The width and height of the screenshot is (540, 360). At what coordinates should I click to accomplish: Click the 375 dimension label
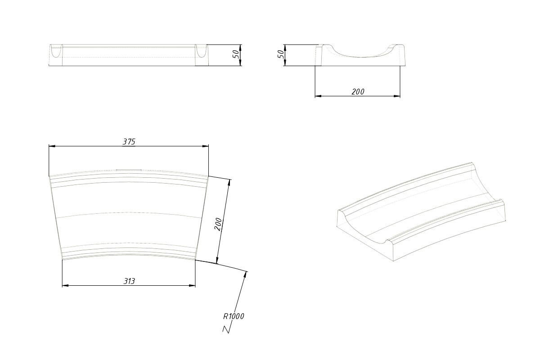129,142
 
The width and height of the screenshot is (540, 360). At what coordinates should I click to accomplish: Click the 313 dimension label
129,281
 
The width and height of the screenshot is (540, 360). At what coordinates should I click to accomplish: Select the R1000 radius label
234,316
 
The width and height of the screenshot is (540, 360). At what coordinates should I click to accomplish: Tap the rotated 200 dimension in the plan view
218,224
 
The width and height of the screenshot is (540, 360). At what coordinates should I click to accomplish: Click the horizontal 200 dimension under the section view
358,92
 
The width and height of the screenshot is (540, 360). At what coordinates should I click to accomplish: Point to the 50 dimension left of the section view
281,54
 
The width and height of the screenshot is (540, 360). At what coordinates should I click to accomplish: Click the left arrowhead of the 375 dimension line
52,146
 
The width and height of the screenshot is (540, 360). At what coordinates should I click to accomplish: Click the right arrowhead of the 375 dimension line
206,146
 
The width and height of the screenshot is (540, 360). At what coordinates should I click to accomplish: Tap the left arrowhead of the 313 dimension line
65,285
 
